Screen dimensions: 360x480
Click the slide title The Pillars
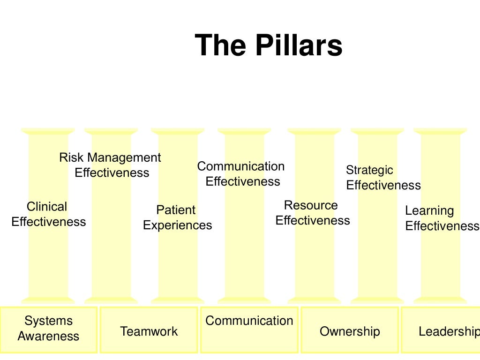pyautogui.click(x=269, y=46)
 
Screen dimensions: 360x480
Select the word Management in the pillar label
pyautogui.click(x=124, y=157)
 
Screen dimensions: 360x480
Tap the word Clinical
pyautogui.click(x=47, y=206)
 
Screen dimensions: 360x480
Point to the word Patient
pyautogui.click(x=176, y=210)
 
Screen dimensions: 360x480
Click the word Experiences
pyautogui.click(x=177, y=225)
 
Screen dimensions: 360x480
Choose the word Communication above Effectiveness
pyautogui.click(x=240, y=166)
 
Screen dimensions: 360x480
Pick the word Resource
pyautogui.click(x=311, y=205)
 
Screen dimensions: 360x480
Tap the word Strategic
pyautogui.click(x=369, y=170)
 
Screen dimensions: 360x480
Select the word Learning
pyautogui.click(x=429, y=210)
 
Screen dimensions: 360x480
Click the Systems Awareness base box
pyautogui.click(x=49, y=330)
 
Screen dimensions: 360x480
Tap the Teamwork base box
pyautogui.click(x=149, y=330)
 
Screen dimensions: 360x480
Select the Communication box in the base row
pyautogui.click(x=249, y=330)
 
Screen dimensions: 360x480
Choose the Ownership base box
pyautogui.click(x=350, y=330)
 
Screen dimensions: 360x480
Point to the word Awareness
pyautogui.click(x=49, y=336)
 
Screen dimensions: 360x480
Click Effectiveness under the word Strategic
pyautogui.click(x=383, y=185)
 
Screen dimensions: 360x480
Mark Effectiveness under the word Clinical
pyautogui.click(x=49, y=222)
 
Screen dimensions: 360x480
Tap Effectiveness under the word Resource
pyautogui.click(x=313, y=220)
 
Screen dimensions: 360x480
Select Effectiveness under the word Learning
pyautogui.click(x=442, y=226)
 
